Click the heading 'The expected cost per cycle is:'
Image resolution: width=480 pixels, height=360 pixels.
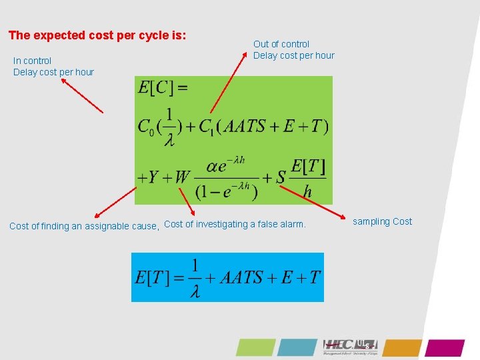click(97, 35)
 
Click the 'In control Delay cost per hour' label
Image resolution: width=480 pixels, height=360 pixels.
click(53, 66)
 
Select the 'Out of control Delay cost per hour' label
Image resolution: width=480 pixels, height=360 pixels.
click(293, 49)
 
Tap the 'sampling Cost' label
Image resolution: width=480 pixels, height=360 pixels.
click(382, 221)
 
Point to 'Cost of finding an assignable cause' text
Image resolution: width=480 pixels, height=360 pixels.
click(84, 226)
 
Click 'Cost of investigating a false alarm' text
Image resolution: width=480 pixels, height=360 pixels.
click(235, 224)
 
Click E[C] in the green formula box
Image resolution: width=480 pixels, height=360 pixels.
click(162, 88)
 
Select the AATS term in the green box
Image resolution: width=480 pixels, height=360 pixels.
click(254, 126)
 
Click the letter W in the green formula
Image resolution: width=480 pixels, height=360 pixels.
click(183, 177)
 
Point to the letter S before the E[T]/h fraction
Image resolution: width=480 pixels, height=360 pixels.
click(281, 177)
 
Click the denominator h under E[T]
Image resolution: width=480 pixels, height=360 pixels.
click(307, 192)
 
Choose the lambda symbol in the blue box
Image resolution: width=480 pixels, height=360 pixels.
click(195, 291)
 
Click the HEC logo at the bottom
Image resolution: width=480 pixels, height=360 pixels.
click(350, 346)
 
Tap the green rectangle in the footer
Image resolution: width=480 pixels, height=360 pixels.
click(255, 347)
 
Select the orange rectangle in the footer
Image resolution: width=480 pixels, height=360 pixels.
click(402, 347)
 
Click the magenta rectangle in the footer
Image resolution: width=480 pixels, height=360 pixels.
click(445, 347)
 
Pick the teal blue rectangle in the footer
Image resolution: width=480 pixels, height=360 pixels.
click(297, 347)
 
